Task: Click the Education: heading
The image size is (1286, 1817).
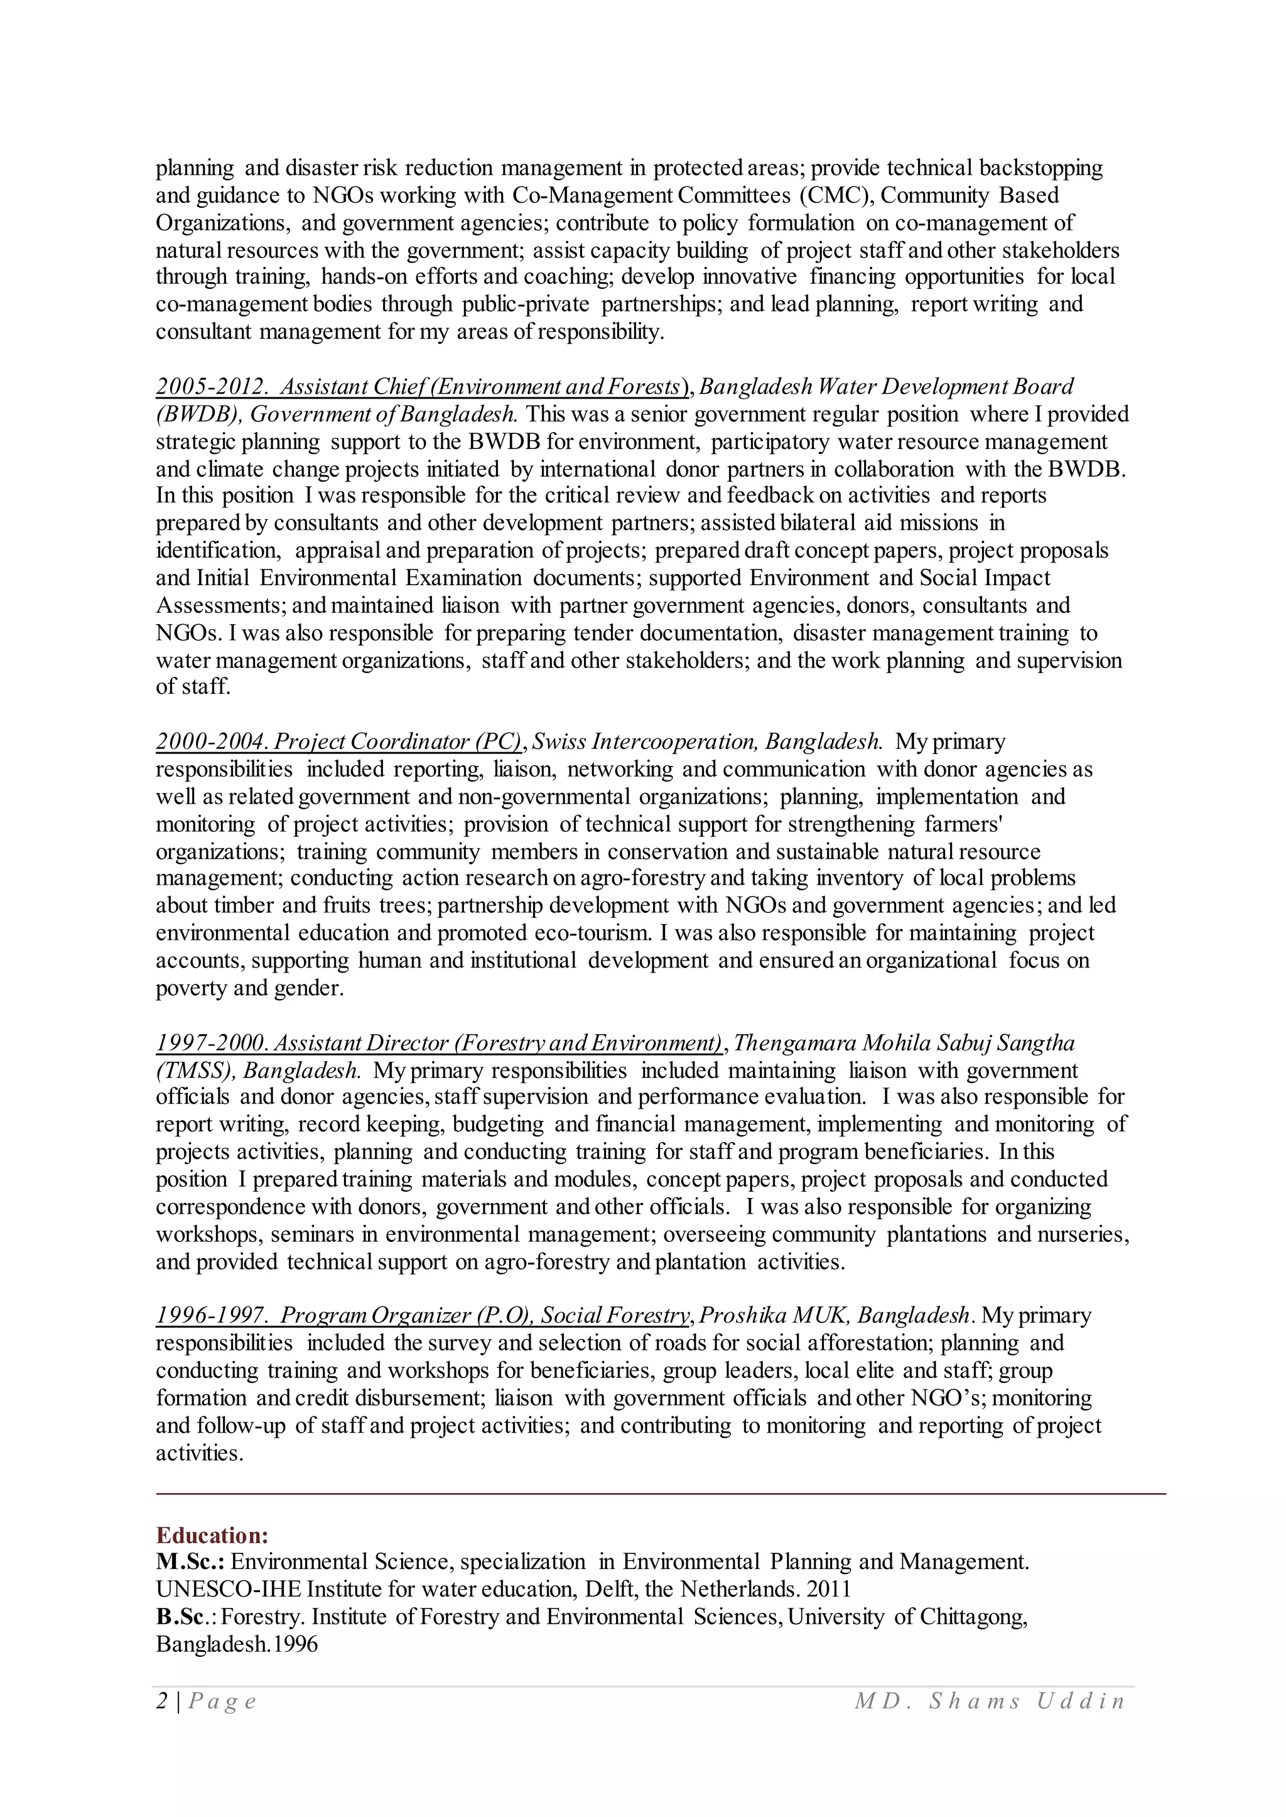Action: coord(212,1535)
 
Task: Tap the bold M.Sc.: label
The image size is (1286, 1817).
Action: coord(190,1562)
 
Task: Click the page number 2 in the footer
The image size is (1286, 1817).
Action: coord(161,1701)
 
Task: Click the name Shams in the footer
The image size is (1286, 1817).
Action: coord(973,1701)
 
